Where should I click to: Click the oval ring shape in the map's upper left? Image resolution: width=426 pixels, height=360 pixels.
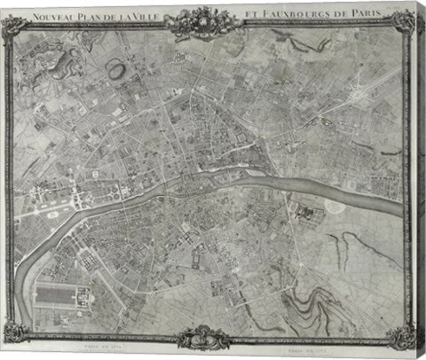[116, 67]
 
